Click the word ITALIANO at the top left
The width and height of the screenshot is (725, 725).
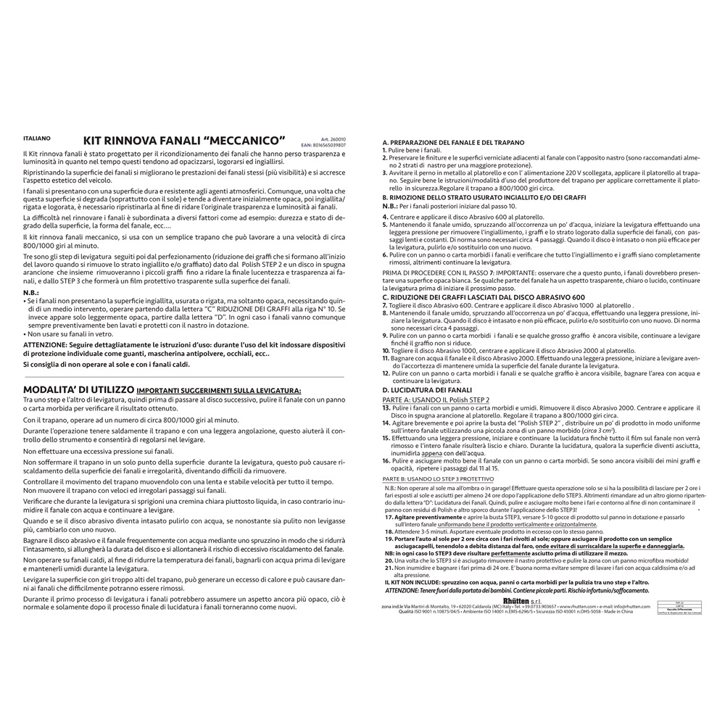tap(36, 137)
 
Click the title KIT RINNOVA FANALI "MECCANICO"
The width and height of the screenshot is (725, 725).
tap(185, 138)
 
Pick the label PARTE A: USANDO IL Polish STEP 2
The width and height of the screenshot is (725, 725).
tap(436, 399)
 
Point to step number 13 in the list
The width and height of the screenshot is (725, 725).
tap(386, 409)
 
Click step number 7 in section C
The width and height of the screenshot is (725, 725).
tap(384, 306)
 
